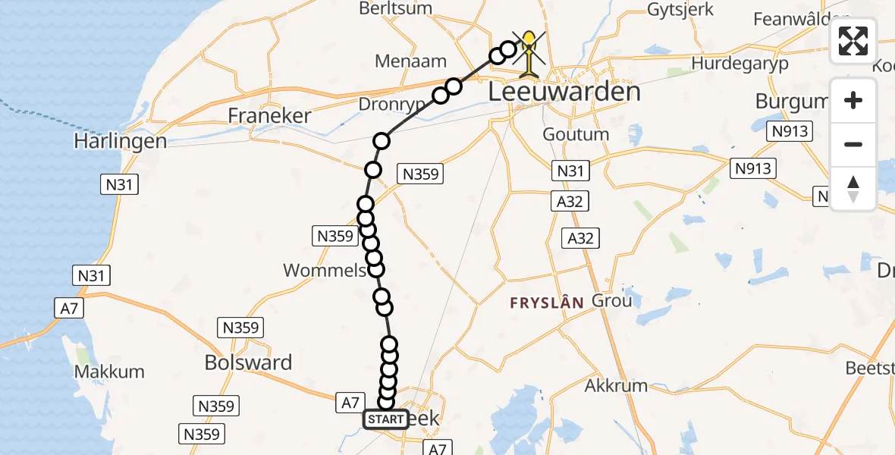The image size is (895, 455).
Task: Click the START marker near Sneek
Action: pyautogui.click(x=386, y=419)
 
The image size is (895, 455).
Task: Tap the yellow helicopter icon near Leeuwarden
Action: pyautogui.click(x=529, y=52)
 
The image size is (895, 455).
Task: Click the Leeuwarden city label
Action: pyautogui.click(x=564, y=93)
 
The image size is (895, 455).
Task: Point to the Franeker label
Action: pyautogui.click(x=270, y=115)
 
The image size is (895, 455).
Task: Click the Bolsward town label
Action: pyautogui.click(x=248, y=362)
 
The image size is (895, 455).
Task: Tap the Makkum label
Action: pyautogui.click(x=109, y=372)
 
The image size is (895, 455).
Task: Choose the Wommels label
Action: pyautogui.click(x=325, y=270)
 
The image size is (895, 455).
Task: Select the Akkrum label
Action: pyautogui.click(x=616, y=385)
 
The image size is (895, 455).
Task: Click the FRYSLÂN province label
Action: pyautogui.click(x=547, y=303)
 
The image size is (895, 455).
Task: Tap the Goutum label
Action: pyautogui.click(x=576, y=134)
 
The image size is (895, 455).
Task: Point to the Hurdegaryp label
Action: pyautogui.click(x=740, y=63)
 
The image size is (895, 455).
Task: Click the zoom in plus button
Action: pyautogui.click(x=853, y=100)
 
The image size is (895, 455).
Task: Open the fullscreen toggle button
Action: pyautogui.click(x=853, y=41)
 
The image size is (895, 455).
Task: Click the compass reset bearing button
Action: pyautogui.click(x=853, y=189)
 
